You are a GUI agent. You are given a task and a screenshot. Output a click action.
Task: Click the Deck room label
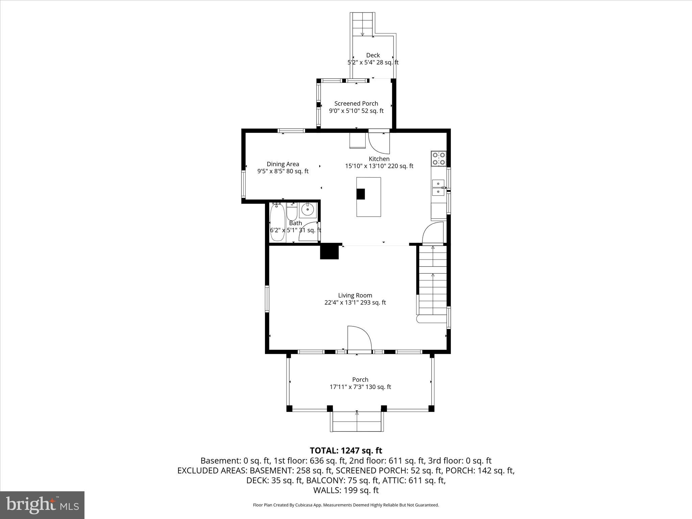click(373, 55)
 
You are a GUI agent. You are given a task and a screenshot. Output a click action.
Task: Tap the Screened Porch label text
click(356, 103)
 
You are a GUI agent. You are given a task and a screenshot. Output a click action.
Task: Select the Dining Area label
click(283, 164)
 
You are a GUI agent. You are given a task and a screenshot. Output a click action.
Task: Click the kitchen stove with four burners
click(439, 159)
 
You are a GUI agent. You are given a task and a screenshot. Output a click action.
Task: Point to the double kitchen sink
click(438, 188)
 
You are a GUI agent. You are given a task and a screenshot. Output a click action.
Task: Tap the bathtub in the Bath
click(277, 222)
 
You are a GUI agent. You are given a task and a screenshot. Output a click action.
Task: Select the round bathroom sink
click(307, 209)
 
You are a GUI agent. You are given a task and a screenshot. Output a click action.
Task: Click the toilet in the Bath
click(292, 211)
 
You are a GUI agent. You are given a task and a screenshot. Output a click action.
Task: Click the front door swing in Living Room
click(359, 339)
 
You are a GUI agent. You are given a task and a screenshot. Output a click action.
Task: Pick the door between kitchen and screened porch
click(378, 142)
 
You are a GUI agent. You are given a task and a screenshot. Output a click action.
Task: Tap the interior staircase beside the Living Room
click(433, 280)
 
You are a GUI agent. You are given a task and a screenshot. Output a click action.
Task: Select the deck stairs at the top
click(362, 24)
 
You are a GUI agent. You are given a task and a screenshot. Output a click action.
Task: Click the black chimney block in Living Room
click(329, 252)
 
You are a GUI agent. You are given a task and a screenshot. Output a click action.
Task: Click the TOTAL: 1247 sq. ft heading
click(346, 450)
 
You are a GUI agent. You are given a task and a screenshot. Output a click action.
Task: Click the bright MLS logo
click(42, 505)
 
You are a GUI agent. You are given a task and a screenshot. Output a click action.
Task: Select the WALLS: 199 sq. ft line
click(346, 490)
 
